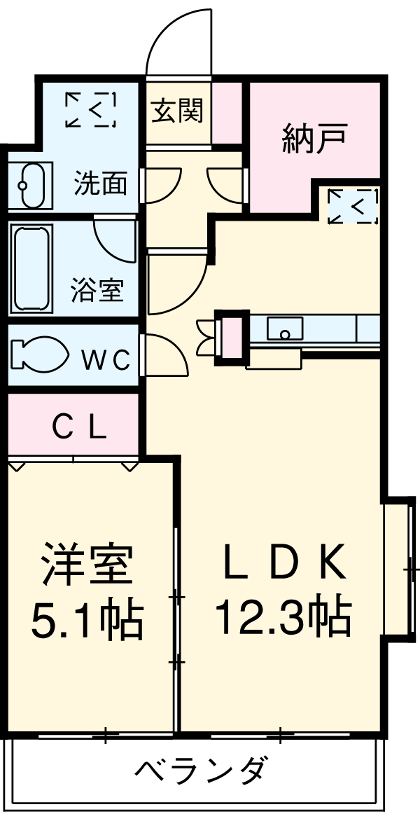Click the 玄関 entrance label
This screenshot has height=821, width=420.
(178, 111)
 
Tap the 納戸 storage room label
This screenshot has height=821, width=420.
(314, 139)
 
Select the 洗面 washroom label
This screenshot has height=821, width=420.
(101, 184)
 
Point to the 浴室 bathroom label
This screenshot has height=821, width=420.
(97, 289)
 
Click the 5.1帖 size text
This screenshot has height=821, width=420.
(87, 618)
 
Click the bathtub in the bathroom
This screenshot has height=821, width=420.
(30, 269)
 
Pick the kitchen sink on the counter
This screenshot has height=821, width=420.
(286, 328)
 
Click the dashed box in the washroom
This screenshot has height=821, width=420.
(90, 109)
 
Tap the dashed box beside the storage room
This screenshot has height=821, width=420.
(352, 206)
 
